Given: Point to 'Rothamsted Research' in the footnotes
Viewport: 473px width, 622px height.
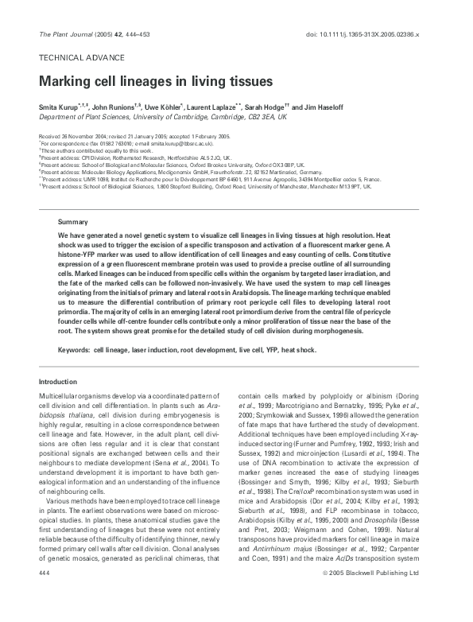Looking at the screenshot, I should (142, 158).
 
